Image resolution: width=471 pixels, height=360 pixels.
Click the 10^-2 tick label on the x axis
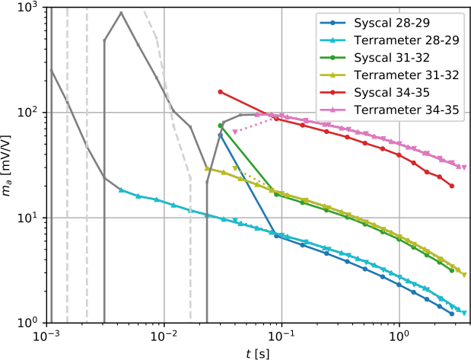(164, 336)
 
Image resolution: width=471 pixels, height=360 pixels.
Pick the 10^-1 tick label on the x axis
(282, 336)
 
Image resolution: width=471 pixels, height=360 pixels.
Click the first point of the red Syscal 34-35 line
(220, 92)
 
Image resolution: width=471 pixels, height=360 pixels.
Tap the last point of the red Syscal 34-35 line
(452, 186)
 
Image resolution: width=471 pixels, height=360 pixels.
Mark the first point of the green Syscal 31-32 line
(220, 126)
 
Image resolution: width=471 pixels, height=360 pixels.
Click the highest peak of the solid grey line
(121, 13)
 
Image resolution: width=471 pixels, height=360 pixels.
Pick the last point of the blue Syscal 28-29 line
(452, 314)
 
